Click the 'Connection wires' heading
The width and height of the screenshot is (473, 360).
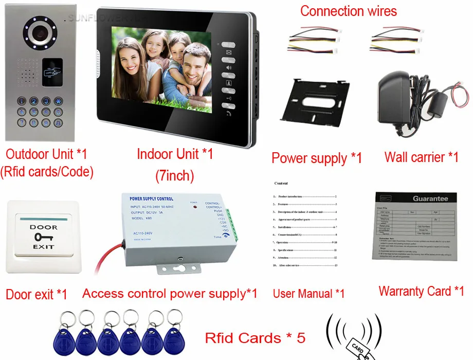[349, 11]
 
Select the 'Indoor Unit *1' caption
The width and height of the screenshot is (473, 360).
[174, 154]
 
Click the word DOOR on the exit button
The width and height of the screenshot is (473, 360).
[43, 227]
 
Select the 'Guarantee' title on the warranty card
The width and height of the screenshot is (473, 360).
[430, 199]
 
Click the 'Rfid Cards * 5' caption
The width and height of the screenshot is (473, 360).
[255, 338]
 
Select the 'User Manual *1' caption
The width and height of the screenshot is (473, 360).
[308, 294]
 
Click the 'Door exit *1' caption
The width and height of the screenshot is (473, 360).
[37, 295]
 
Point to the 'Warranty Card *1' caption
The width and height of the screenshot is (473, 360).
[421, 292]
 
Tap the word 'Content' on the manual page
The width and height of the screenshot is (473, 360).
[281, 183]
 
